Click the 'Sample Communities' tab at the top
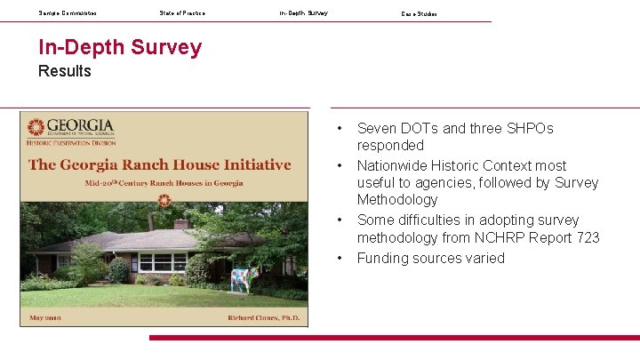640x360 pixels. point(68,13)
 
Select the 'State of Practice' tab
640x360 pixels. point(182,13)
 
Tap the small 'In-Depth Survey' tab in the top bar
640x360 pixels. point(303,13)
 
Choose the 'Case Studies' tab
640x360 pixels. point(419,13)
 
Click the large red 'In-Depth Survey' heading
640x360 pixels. point(120,47)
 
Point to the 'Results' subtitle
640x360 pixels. point(64,71)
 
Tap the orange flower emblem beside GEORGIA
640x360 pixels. point(36,127)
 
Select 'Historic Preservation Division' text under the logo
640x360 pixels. point(71,142)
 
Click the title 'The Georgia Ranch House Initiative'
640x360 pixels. point(160,164)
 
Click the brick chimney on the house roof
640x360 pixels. point(181,225)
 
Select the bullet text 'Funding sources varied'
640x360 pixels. point(430,258)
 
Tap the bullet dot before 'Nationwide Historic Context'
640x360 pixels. point(340,166)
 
